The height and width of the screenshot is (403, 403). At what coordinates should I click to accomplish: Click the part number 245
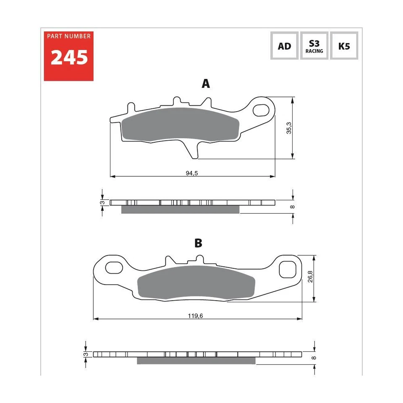[x=69, y=58]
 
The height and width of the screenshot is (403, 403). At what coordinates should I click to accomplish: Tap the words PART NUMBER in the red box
[x=69, y=37]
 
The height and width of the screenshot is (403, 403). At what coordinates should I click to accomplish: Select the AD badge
[x=284, y=46]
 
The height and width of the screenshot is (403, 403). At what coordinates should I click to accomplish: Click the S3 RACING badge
[x=314, y=46]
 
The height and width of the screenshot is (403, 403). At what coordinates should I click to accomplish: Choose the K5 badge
[x=344, y=46]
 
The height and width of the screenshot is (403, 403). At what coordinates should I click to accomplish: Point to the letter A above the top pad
[x=206, y=84]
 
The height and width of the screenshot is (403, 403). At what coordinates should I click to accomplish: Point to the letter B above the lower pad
[x=198, y=243]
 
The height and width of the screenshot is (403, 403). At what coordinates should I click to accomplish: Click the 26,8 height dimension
[x=309, y=279]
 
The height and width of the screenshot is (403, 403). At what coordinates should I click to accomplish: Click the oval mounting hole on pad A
[x=262, y=108]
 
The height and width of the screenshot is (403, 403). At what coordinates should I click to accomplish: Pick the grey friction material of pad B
[x=195, y=283]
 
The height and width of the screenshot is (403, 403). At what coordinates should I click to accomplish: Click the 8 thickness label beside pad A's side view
[x=293, y=206]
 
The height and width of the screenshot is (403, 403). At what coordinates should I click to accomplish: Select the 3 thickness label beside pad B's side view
[x=86, y=354]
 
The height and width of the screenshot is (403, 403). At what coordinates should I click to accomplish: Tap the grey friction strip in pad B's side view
[x=196, y=361]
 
